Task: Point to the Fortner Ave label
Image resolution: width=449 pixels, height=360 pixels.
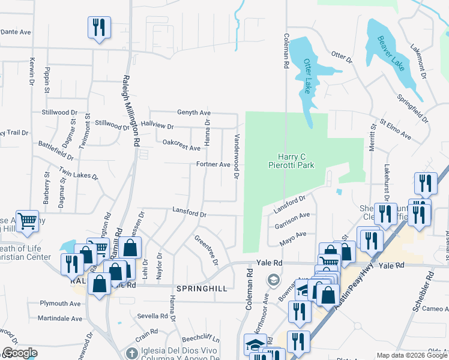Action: [x=213, y=164]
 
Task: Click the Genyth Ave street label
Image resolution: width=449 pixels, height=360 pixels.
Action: [x=193, y=112]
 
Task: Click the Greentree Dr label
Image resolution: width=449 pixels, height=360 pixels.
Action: [x=206, y=250]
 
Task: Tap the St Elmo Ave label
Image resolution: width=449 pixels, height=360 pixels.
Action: [x=394, y=130]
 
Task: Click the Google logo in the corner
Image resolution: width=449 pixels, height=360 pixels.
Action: [x=20, y=352]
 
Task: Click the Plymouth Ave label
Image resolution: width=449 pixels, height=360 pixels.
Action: [x=60, y=304]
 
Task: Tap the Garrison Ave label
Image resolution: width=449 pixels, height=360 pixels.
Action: [x=292, y=219]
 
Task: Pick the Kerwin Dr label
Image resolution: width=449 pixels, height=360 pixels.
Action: [x=31, y=71]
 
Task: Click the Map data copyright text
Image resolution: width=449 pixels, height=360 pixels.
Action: [x=412, y=355]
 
